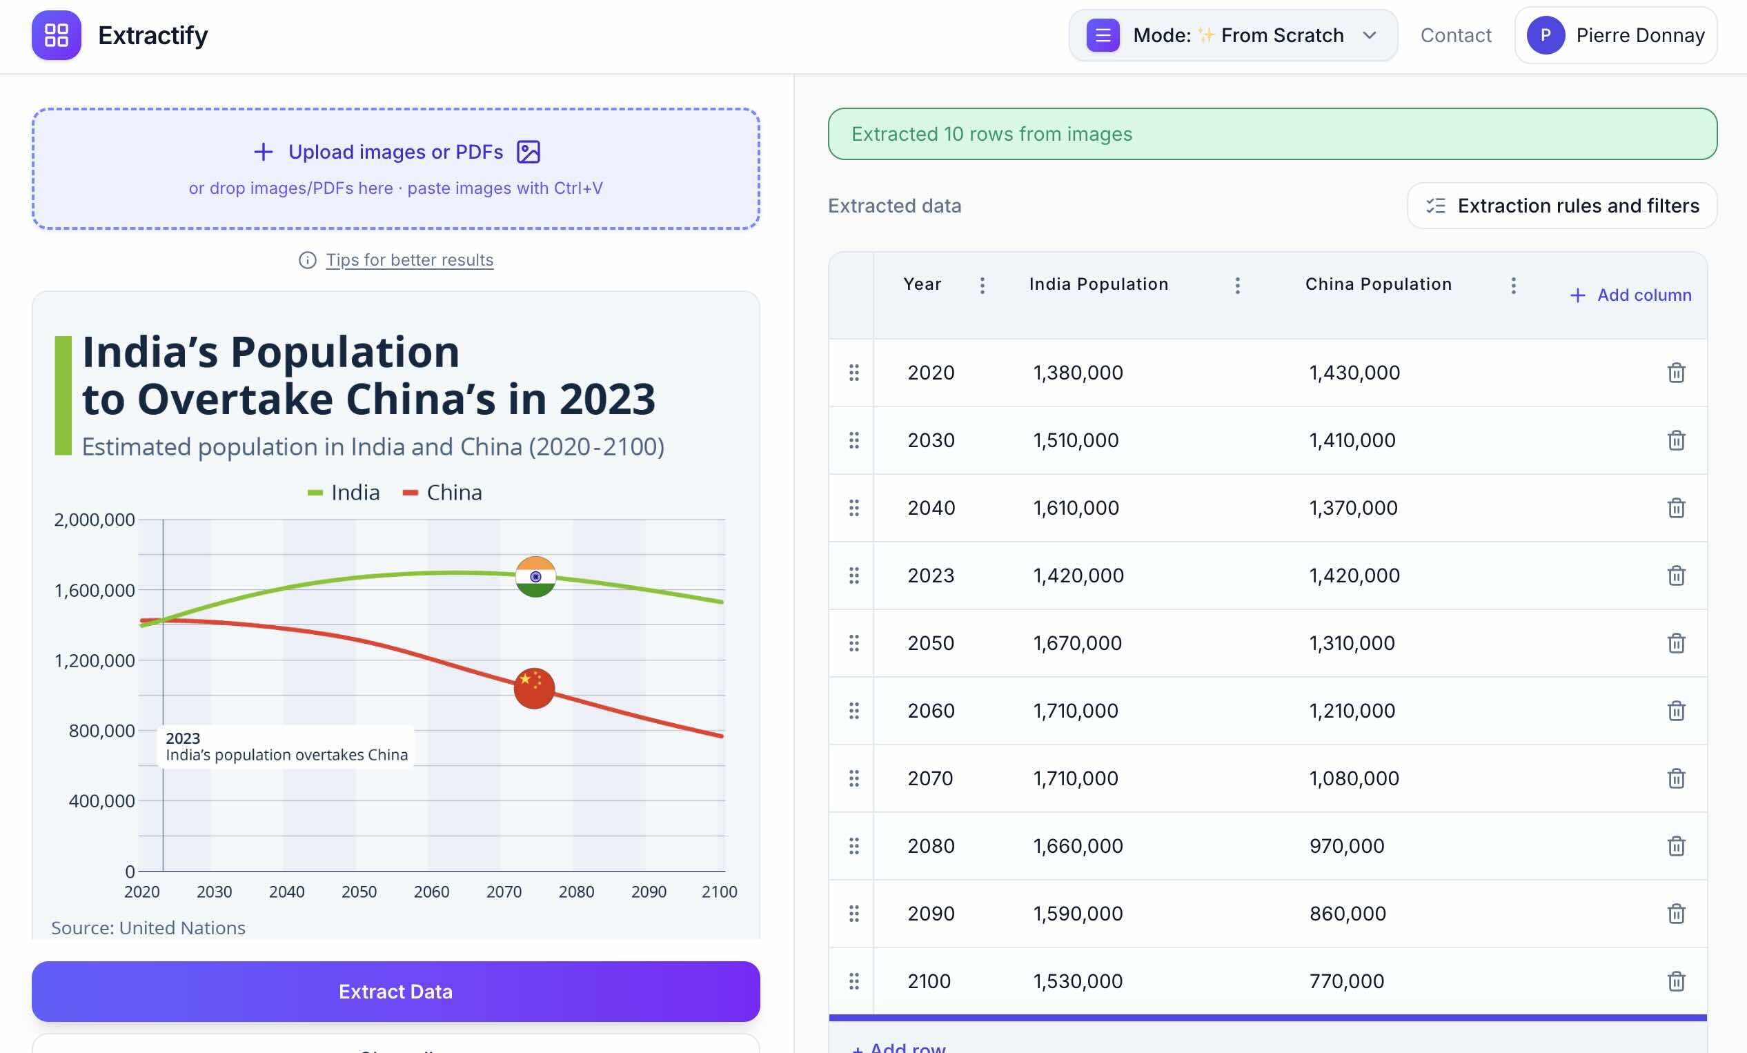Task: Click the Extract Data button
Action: click(x=395, y=991)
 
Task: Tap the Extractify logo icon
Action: click(x=57, y=35)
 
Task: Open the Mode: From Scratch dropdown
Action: click(x=1233, y=35)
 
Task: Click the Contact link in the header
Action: click(x=1456, y=35)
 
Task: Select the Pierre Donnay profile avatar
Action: click(x=1546, y=35)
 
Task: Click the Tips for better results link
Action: click(x=409, y=259)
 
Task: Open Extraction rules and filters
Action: click(x=1562, y=206)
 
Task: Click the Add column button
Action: click(x=1630, y=295)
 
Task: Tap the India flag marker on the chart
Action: click(x=535, y=576)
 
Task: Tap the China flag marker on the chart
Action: click(x=534, y=688)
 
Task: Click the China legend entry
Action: click(x=442, y=492)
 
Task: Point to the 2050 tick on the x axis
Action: click(x=359, y=892)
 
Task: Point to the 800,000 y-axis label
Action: click(x=101, y=730)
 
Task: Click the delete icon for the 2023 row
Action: click(x=1676, y=575)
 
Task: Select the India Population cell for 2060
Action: click(x=1076, y=711)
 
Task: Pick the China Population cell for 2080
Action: click(x=1346, y=846)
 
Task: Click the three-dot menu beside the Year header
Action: click(x=982, y=285)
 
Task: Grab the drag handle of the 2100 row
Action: click(x=853, y=981)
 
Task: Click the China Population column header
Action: click(x=1379, y=284)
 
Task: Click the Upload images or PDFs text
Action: click(x=395, y=152)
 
